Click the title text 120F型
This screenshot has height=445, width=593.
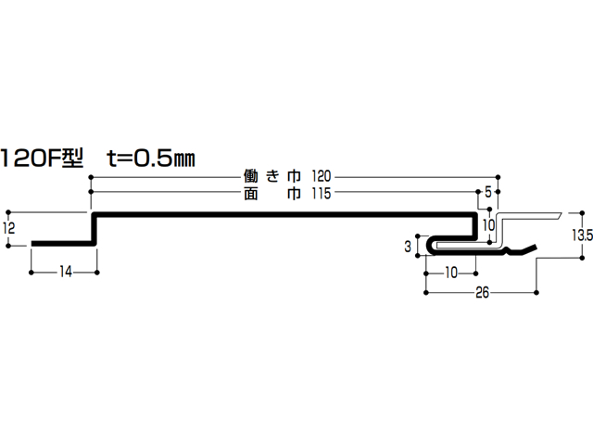(x=42, y=158)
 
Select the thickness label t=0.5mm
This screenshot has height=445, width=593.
(x=151, y=158)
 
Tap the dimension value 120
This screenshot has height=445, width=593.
(x=322, y=176)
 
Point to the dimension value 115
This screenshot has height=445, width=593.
(x=322, y=194)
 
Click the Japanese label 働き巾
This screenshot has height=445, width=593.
(x=272, y=176)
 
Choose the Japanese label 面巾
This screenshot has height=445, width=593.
(x=272, y=194)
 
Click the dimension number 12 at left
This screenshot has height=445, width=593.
(x=8, y=228)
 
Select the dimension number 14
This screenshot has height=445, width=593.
(x=65, y=272)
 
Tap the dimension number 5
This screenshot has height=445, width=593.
(x=488, y=192)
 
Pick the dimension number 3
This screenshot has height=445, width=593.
(x=408, y=247)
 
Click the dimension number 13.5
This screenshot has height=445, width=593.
(x=583, y=235)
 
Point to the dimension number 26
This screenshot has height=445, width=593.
(x=482, y=292)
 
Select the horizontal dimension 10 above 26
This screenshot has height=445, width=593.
(x=451, y=273)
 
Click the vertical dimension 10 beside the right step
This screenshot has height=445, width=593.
(x=489, y=225)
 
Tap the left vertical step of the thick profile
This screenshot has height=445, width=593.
(x=94, y=229)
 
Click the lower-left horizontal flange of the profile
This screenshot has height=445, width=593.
(x=62, y=244)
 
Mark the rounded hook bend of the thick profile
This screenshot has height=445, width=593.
(x=430, y=245)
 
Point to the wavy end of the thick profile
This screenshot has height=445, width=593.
(x=520, y=250)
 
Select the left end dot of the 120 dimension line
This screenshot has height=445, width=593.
(x=91, y=177)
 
